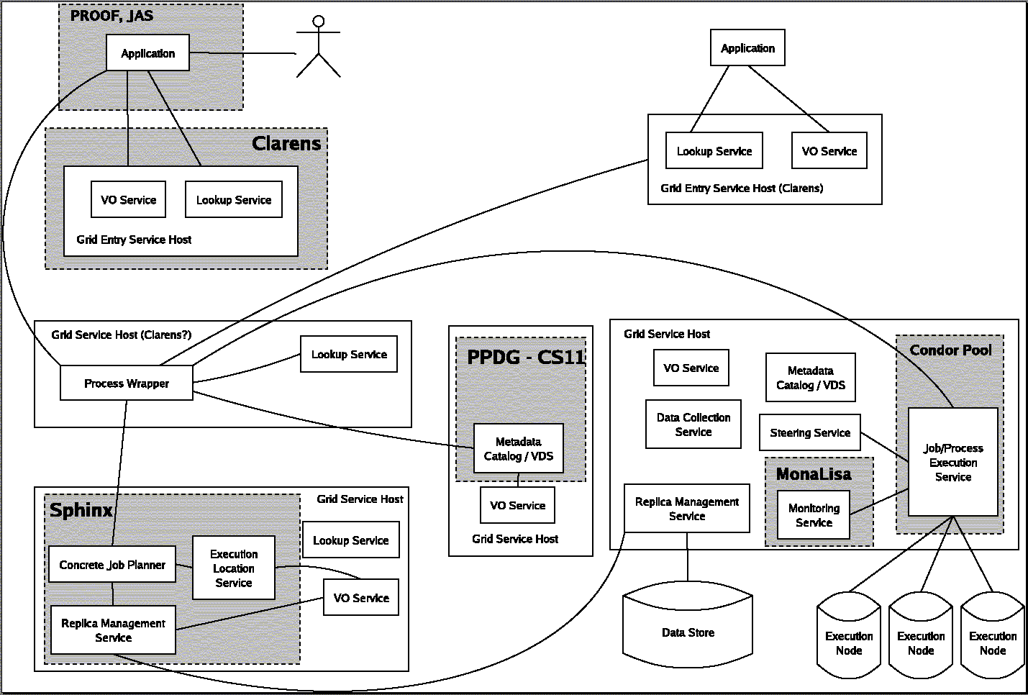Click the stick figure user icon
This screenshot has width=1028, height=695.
(318, 47)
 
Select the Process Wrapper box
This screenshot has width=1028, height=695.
(127, 383)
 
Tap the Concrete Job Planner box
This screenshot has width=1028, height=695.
(112, 565)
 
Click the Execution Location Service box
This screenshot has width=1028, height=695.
(234, 568)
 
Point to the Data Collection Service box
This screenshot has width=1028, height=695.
(693, 424)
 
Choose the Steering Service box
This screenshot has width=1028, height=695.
(810, 433)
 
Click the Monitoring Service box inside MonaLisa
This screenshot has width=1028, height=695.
(814, 515)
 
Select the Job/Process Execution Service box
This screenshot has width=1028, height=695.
(953, 463)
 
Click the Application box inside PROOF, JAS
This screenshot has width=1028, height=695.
(147, 53)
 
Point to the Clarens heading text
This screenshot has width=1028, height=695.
(286, 143)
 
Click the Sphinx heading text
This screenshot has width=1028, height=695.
(81, 510)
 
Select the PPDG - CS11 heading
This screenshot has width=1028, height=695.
(526, 357)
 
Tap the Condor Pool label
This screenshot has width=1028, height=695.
(950, 350)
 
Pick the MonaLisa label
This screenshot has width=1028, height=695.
(814, 474)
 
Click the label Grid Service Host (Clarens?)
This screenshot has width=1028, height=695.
(122, 335)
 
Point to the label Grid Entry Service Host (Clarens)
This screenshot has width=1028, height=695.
(742, 188)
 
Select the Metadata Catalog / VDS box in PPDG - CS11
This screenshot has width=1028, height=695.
(519, 449)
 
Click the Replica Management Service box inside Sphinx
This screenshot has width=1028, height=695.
(113, 630)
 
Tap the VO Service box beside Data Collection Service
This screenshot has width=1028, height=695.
(691, 368)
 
